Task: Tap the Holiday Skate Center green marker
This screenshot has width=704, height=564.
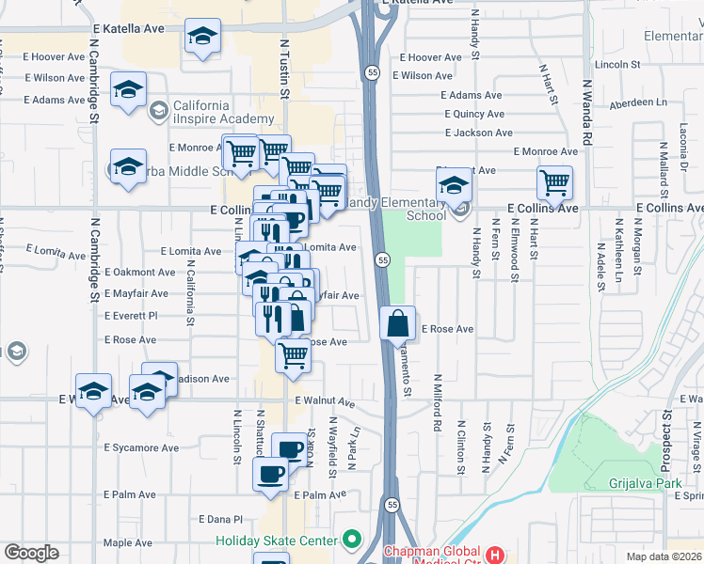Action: [x=352, y=540]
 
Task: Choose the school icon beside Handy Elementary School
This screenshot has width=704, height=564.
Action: [x=454, y=184]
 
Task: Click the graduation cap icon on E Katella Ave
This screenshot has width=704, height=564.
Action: [x=200, y=38]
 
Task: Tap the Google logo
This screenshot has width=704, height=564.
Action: [x=31, y=553]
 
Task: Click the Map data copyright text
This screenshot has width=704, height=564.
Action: [x=664, y=556]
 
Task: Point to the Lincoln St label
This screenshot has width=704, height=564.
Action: [x=617, y=65]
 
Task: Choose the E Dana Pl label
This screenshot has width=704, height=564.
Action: [x=221, y=518]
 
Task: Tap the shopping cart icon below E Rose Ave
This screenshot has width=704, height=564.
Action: [x=294, y=356]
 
